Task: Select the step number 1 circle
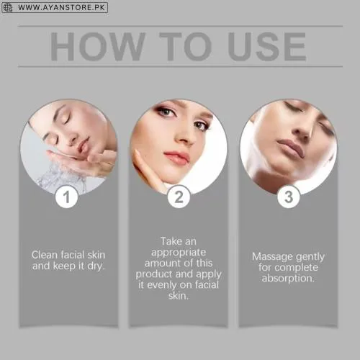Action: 67,197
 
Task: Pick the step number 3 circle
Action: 289,197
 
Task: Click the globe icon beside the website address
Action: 9,8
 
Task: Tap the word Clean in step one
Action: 44,254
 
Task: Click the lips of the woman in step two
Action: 176,156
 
